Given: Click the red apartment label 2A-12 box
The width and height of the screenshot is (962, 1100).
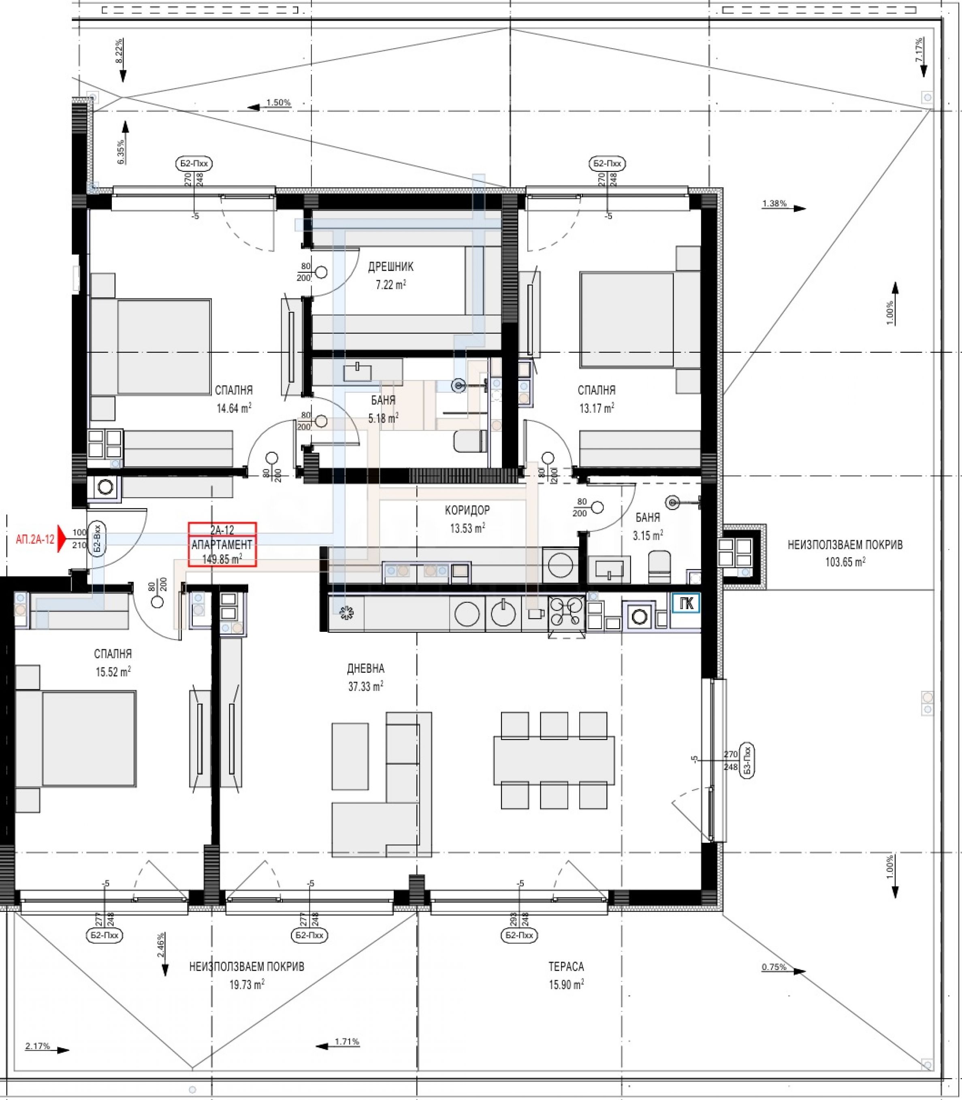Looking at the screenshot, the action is (x=222, y=544).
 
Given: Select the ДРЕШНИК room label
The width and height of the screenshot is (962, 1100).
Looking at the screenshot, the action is (x=391, y=267).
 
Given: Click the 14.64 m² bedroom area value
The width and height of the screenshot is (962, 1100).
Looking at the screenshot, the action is (x=234, y=408).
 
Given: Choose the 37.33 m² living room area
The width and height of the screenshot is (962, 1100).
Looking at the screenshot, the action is (x=366, y=686).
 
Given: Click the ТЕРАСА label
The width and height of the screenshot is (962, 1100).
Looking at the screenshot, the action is (x=566, y=966).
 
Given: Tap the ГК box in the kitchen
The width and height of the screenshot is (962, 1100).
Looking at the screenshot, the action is (x=687, y=603).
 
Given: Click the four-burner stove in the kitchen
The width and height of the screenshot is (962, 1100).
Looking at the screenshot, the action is (x=566, y=612).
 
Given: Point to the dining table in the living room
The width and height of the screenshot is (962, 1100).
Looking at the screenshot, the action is (x=554, y=760).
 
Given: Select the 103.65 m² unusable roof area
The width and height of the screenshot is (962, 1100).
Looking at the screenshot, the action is (x=845, y=563).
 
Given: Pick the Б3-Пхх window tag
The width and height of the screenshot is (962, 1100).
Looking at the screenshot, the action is (x=747, y=760).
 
